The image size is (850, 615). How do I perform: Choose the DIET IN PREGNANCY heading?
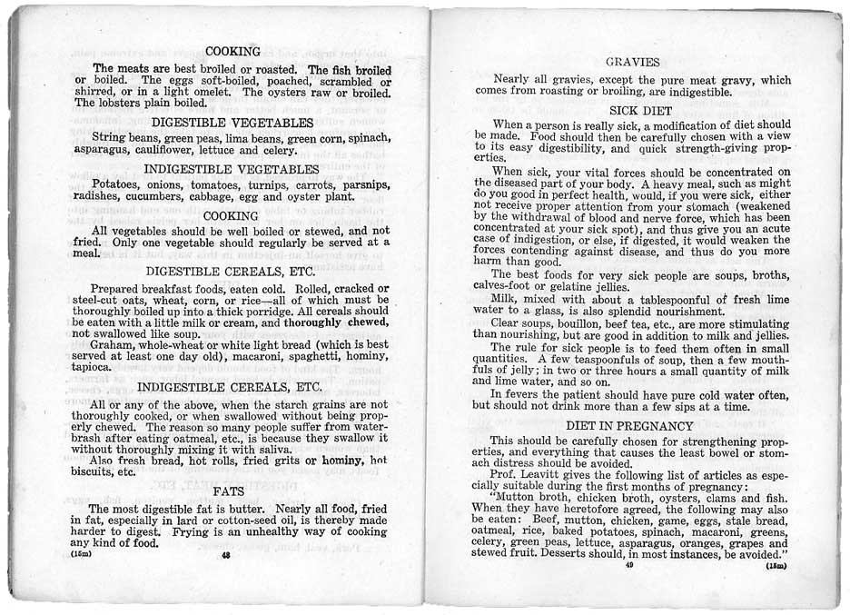(x=631, y=425)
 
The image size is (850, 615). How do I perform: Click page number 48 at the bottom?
(x=226, y=557)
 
